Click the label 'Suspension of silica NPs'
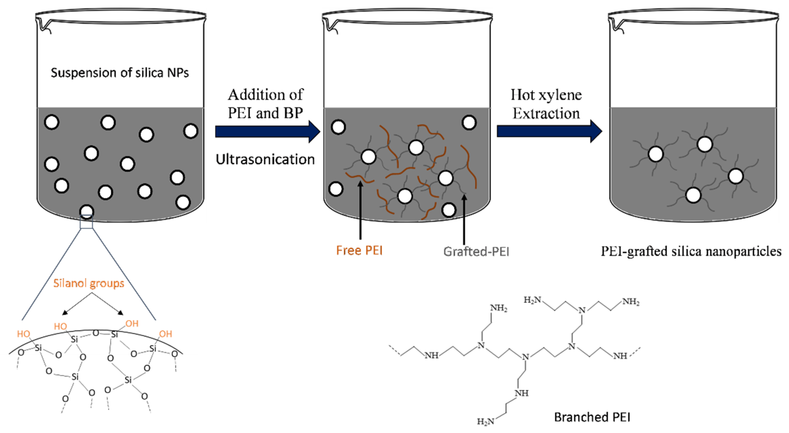click(120, 73)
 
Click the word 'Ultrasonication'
click(265, 159)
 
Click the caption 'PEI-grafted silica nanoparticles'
click(691, 251)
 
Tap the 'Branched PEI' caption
click(592, 417)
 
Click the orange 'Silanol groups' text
click(89, 283)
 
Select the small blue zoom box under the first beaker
click(86, 222)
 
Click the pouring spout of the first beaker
click(43, 26)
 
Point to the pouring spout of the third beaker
click(616, 26)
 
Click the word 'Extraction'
click(546, 114)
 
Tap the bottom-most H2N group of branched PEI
click(486, 422)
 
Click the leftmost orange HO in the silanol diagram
click(23, 334)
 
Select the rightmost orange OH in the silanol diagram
click(165, 334)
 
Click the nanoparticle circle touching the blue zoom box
click(87, 211)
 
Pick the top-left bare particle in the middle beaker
click(338, 127)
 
